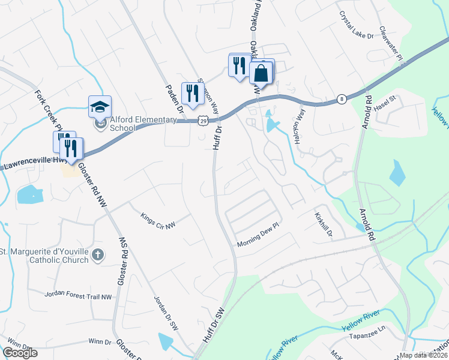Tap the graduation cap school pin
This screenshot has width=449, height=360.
pyautogui.click(x=100, y=107)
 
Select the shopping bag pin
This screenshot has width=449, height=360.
pyautogui.click(x=261, y=73)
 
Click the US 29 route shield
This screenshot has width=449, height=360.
pyautogui.click(x=205, y=122)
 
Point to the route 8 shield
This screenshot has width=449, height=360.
pyautogui.click(x=342, y=98)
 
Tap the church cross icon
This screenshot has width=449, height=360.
pyautogui.click(x=98, y=256)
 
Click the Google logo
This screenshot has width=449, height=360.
pyautogui.click(x=20, y=353)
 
